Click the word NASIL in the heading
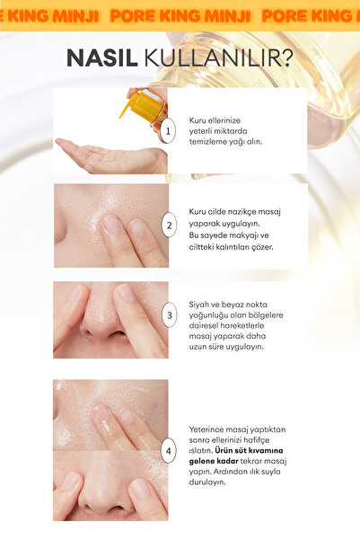coord(101,58)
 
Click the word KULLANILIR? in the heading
coord(218,58)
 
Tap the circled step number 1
coord(168,131)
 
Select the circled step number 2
coord(169,226)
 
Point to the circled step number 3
coord(170,314)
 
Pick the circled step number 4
coord(168,450)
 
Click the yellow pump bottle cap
coord(144,105)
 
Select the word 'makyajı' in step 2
coord(244,235)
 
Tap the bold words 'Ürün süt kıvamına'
coord(250,450)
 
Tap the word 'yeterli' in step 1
coord(200,131)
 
